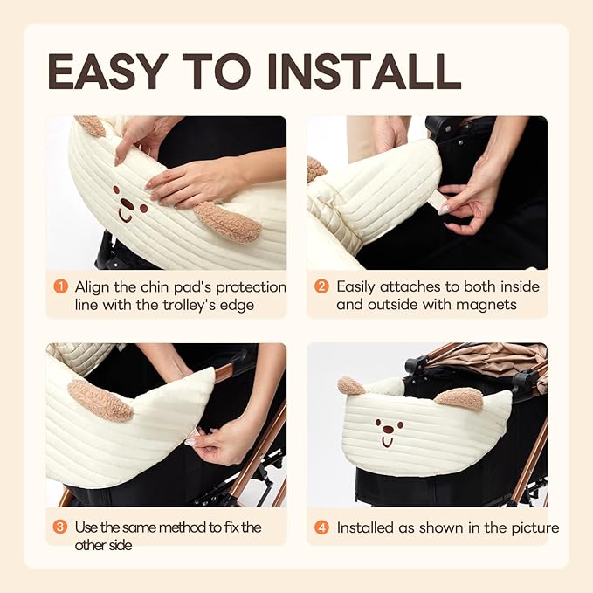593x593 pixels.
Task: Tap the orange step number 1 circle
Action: tap(61, 286)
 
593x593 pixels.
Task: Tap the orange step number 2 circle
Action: tap(321, 286)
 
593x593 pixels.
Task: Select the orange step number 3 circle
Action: tap(61, 527)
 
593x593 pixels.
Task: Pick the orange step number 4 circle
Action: tap(321, 527)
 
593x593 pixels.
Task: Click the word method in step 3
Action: tap(178, 527)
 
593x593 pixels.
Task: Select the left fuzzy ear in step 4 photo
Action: tap(351, 385)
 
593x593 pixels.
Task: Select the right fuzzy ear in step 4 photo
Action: tap(459, 398)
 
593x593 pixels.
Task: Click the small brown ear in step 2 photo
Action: tap(315, 169)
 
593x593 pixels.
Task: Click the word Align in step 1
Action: tap(93, 286)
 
